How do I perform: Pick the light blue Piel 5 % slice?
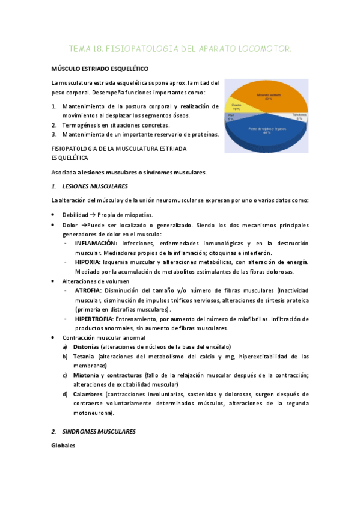pos(231,118)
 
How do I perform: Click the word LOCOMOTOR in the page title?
pos(266,48)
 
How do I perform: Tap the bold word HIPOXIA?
pos(87,262)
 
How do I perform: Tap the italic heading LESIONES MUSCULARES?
pos(94,186)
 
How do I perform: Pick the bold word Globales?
pos(63,446)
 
